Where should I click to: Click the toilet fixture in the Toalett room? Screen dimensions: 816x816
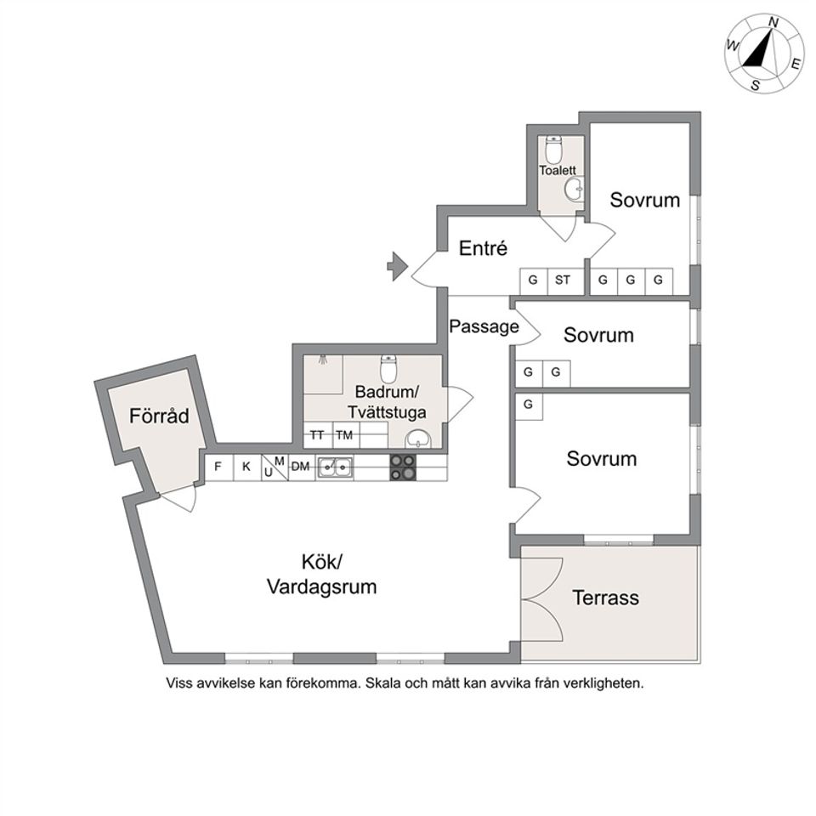[554, 150]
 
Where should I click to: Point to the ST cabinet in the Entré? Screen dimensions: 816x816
[563, 280]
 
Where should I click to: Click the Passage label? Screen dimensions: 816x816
[484, 326]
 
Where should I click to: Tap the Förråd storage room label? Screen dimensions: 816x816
[158, 416]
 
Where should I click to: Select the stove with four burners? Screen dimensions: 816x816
[403, 467]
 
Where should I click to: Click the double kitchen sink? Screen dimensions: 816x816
[336, 467]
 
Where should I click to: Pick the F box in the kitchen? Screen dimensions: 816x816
[218, 467]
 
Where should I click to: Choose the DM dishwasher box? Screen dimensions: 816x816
[300, 467]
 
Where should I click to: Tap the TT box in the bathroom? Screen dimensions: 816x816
[317, 435]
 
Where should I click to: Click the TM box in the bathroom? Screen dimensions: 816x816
[343, 435]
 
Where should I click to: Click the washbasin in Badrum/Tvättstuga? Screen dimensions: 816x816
[419, 439]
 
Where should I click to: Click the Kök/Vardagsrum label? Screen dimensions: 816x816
[321, 575]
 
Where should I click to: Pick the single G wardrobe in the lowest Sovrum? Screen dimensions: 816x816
[528, 405]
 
